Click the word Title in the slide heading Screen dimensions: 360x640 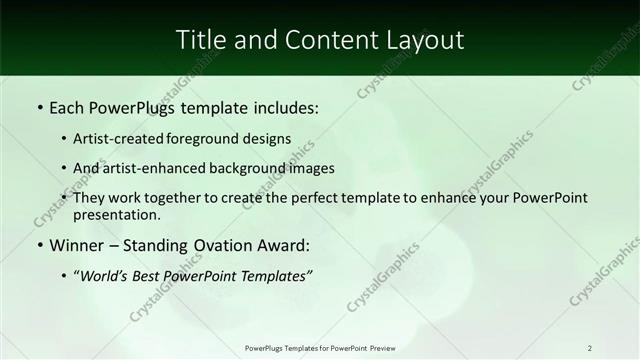tap(200, 39)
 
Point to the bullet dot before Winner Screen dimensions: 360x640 tap(39, 245)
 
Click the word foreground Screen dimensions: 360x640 tap(216, 139)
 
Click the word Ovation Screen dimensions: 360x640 tap(213, 245)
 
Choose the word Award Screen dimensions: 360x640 tap(283, 245)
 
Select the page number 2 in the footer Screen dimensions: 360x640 tap(590, 348)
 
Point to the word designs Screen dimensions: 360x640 tap(268, 139)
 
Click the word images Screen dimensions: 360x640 tap(312, 168)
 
